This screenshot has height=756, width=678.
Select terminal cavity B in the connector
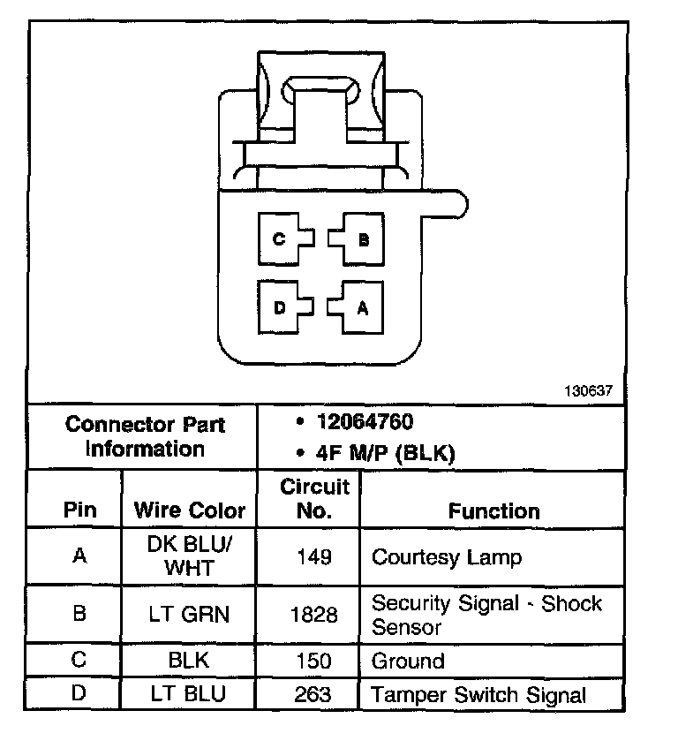pyautogui.click(x=361, y=238)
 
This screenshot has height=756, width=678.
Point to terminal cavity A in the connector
pyautogui.click(x=361, y=307)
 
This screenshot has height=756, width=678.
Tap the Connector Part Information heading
pyautogui.click(x=146, y=436)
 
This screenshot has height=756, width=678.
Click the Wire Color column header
pyautogui.click(x=190, y=510)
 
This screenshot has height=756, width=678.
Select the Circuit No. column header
pyautogui.click(x=315, y=498)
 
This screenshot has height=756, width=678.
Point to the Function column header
pyautogui.click(x=493, y=510)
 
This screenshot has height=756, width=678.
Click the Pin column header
pyautogui.click(x=79, y=510)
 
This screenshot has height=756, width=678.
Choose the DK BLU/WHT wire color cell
pyautogui.click(x=190, y=556)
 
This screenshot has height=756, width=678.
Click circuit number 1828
pyautogui.click(x=315, y=614)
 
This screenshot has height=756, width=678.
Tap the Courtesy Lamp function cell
pyautogui.click(x=447, y=557)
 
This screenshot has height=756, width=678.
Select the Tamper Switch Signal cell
pyautogui.click(x=478, y=695)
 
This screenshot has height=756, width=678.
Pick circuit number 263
pyautogui.click(x=315, y=694)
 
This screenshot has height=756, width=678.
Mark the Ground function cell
pyautogui.click(x=408, y=661)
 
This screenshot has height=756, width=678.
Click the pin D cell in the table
pyautogui.click(x=79, y=693)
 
